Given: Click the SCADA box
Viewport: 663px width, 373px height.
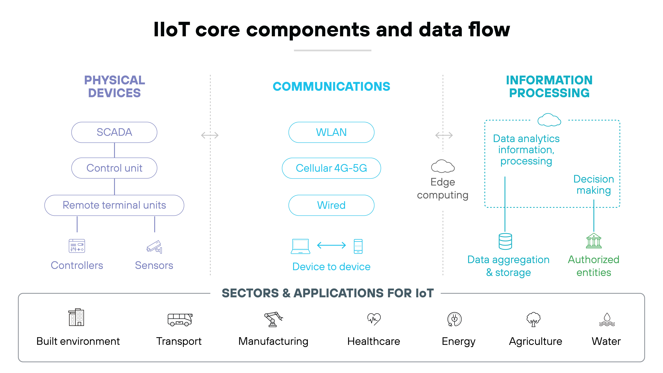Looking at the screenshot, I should (114, 132).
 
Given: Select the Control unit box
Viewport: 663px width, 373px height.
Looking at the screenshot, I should (114, 168).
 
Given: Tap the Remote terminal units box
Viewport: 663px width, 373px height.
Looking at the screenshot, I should (114, 205).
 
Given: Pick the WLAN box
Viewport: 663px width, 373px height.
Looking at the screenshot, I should (331, 132).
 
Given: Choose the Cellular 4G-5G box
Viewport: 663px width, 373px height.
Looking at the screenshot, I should (331, 168).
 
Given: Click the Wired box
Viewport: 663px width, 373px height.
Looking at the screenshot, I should (331, 205).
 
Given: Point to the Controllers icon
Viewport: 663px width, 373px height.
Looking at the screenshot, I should (77, 246).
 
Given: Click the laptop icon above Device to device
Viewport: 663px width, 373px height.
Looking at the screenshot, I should (300, 246).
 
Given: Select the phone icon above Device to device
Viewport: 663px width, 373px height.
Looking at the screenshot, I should (358, 246).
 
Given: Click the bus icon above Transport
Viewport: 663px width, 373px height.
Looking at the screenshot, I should (180, 319).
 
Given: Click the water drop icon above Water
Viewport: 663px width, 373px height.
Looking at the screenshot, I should (607, 319).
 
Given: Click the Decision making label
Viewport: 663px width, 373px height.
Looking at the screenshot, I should (593, 185).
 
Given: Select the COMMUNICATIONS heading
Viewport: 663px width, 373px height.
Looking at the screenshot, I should (331, 87).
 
